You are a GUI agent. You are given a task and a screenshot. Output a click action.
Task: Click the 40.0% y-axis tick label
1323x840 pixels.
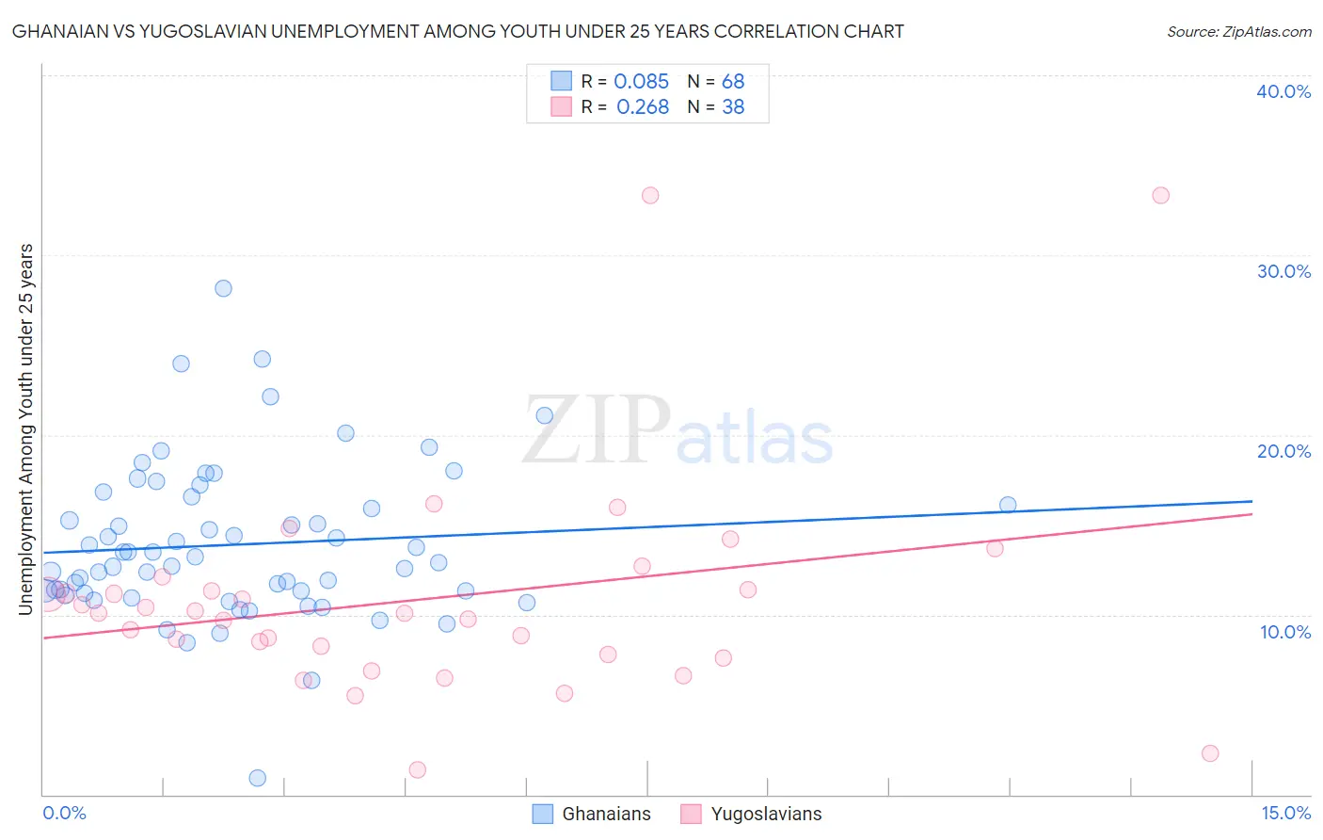[1283, 91]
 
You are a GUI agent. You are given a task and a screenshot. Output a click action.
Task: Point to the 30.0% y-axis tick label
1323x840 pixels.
[1283, 271]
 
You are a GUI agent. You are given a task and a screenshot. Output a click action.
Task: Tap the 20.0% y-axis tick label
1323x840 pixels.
[1283, 451]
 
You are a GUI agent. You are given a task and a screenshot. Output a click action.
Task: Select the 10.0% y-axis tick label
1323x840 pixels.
[1285, 632]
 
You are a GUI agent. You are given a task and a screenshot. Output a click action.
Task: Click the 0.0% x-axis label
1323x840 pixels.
[64, 813]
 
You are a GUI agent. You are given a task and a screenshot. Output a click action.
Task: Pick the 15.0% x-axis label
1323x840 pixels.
[1285, 813]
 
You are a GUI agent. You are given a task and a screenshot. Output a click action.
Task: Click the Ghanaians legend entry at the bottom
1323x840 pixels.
[592, 814]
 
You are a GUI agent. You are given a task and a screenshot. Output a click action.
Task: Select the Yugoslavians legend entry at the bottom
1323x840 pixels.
[751, 814]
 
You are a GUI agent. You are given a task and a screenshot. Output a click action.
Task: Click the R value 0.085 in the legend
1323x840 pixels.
[641, 81]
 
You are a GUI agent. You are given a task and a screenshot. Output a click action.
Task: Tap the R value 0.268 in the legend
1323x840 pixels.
[643, 107]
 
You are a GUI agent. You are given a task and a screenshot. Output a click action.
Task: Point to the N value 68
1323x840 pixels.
[733, 81]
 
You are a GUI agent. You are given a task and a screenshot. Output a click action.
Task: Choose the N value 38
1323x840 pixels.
[733, 107]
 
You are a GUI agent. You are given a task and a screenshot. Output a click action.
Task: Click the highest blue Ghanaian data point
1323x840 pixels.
[223, 288]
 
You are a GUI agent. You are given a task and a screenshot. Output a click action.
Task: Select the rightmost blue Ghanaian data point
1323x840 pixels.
[1008, 505]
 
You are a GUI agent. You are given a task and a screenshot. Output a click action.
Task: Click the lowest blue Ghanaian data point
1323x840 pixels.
[257, 778]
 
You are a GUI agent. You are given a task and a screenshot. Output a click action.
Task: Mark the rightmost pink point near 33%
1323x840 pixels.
[1160, 196]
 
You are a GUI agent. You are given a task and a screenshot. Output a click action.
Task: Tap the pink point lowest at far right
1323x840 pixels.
[1210, 753]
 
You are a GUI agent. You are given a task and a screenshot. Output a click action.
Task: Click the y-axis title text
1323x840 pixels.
[25, 429]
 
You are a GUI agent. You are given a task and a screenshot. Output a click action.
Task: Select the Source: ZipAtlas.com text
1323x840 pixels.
[1238, 32]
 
